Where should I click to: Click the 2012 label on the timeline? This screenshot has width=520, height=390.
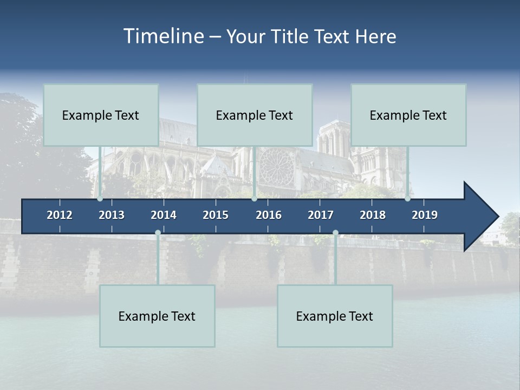pos(60,215)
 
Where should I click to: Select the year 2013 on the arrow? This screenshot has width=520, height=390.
pos(112,215)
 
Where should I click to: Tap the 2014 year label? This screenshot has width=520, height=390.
pos(164,215)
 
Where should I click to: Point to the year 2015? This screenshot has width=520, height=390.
pos(216,215)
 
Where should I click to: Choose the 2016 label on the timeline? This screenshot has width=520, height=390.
pos(269,215)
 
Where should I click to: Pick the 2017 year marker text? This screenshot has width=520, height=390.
pos(321,215)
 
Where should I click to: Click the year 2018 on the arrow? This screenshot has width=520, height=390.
pos(373,215)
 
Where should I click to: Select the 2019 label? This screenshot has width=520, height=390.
pos(425,215)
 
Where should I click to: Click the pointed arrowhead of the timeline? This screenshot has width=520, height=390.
pos(482,216)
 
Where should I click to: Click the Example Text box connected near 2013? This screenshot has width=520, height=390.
pos(101,115)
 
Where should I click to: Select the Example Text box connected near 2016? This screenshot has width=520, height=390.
pos(255,115)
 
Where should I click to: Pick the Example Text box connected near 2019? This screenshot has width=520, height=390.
pos(408,115)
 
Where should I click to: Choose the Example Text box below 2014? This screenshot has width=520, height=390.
pos(157,316)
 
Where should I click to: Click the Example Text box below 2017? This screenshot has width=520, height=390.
pos(335,316)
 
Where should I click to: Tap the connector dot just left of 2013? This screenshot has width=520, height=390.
pos(100,199)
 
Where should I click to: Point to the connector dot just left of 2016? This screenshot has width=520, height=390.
pos(254,199)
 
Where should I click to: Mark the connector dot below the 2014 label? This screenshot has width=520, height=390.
pos(158,233)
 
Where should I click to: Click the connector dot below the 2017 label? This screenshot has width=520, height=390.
pos(335,233)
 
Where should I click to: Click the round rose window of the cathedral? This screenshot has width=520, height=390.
pos(276,166)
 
